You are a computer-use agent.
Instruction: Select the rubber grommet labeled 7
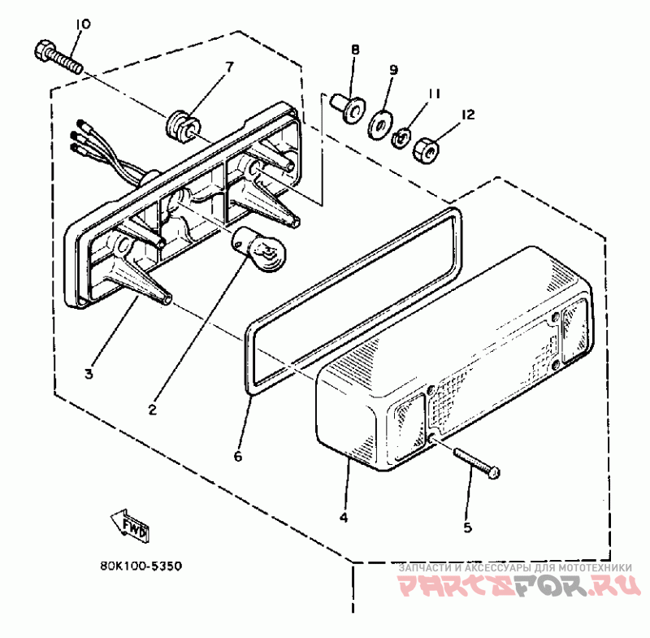[x=180, y=124]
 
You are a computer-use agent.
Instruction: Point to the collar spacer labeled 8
[x=347, y=106]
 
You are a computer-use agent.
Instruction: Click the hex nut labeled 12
[x=425, y=148]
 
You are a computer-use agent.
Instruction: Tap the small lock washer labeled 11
[x=401, y=138]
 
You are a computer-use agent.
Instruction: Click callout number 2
[x=152, y=409]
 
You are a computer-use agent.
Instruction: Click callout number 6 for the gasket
[x=238, y=457]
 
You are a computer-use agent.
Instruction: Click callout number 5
[x=467, y=527]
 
